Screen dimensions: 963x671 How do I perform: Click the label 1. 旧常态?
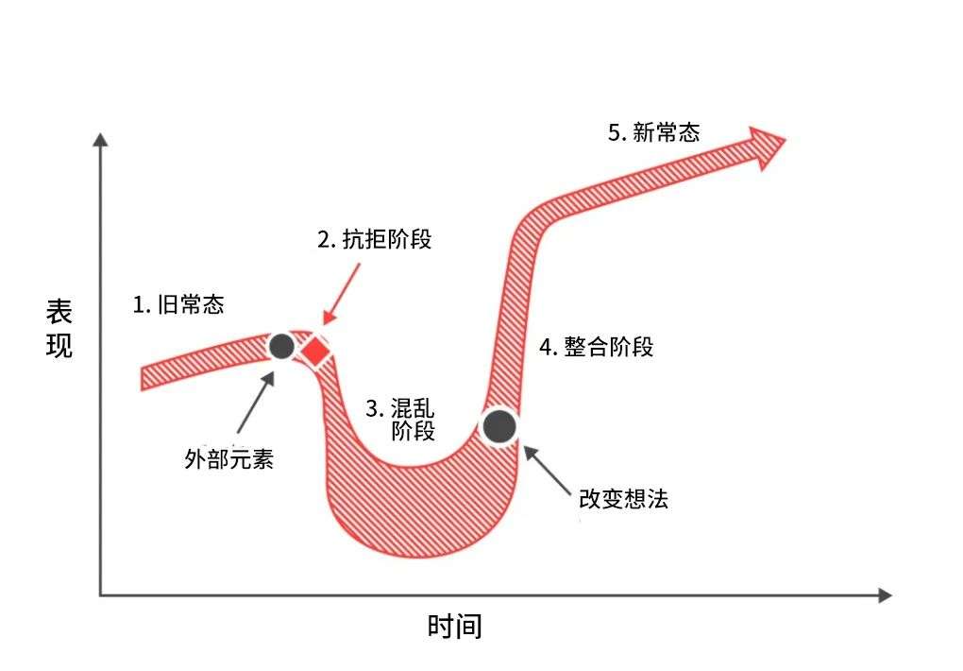(x=178, y=304)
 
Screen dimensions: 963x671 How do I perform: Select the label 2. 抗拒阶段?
(x=374, y=239)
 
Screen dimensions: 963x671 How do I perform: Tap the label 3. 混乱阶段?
(x=399, y=419)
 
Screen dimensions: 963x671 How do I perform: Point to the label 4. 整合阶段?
(x=596, y=347)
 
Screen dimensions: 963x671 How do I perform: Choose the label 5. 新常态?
(x=654, y=132)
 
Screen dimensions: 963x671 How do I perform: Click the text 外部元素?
(x=229, y=458)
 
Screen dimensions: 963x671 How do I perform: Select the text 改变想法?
(x=623, y=499)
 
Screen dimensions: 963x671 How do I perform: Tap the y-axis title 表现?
(x=59, y=329)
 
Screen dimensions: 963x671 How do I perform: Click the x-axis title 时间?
(x=454, y=626)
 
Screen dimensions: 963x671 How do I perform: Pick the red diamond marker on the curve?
(x=316, y=352)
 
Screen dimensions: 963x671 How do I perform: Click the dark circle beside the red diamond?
(x=282, y=347)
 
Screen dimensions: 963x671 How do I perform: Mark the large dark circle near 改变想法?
(x=499, y=427)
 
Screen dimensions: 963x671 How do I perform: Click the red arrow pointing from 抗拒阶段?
(x=342, y=294)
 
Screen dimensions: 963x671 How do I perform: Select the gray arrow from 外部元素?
(x=256, y=403)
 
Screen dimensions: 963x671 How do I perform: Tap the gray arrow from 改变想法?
(x=548, y=471)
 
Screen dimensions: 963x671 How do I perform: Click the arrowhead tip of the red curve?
(x=786, y=140)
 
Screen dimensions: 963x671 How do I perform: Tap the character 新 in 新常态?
(x=643, y=132)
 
